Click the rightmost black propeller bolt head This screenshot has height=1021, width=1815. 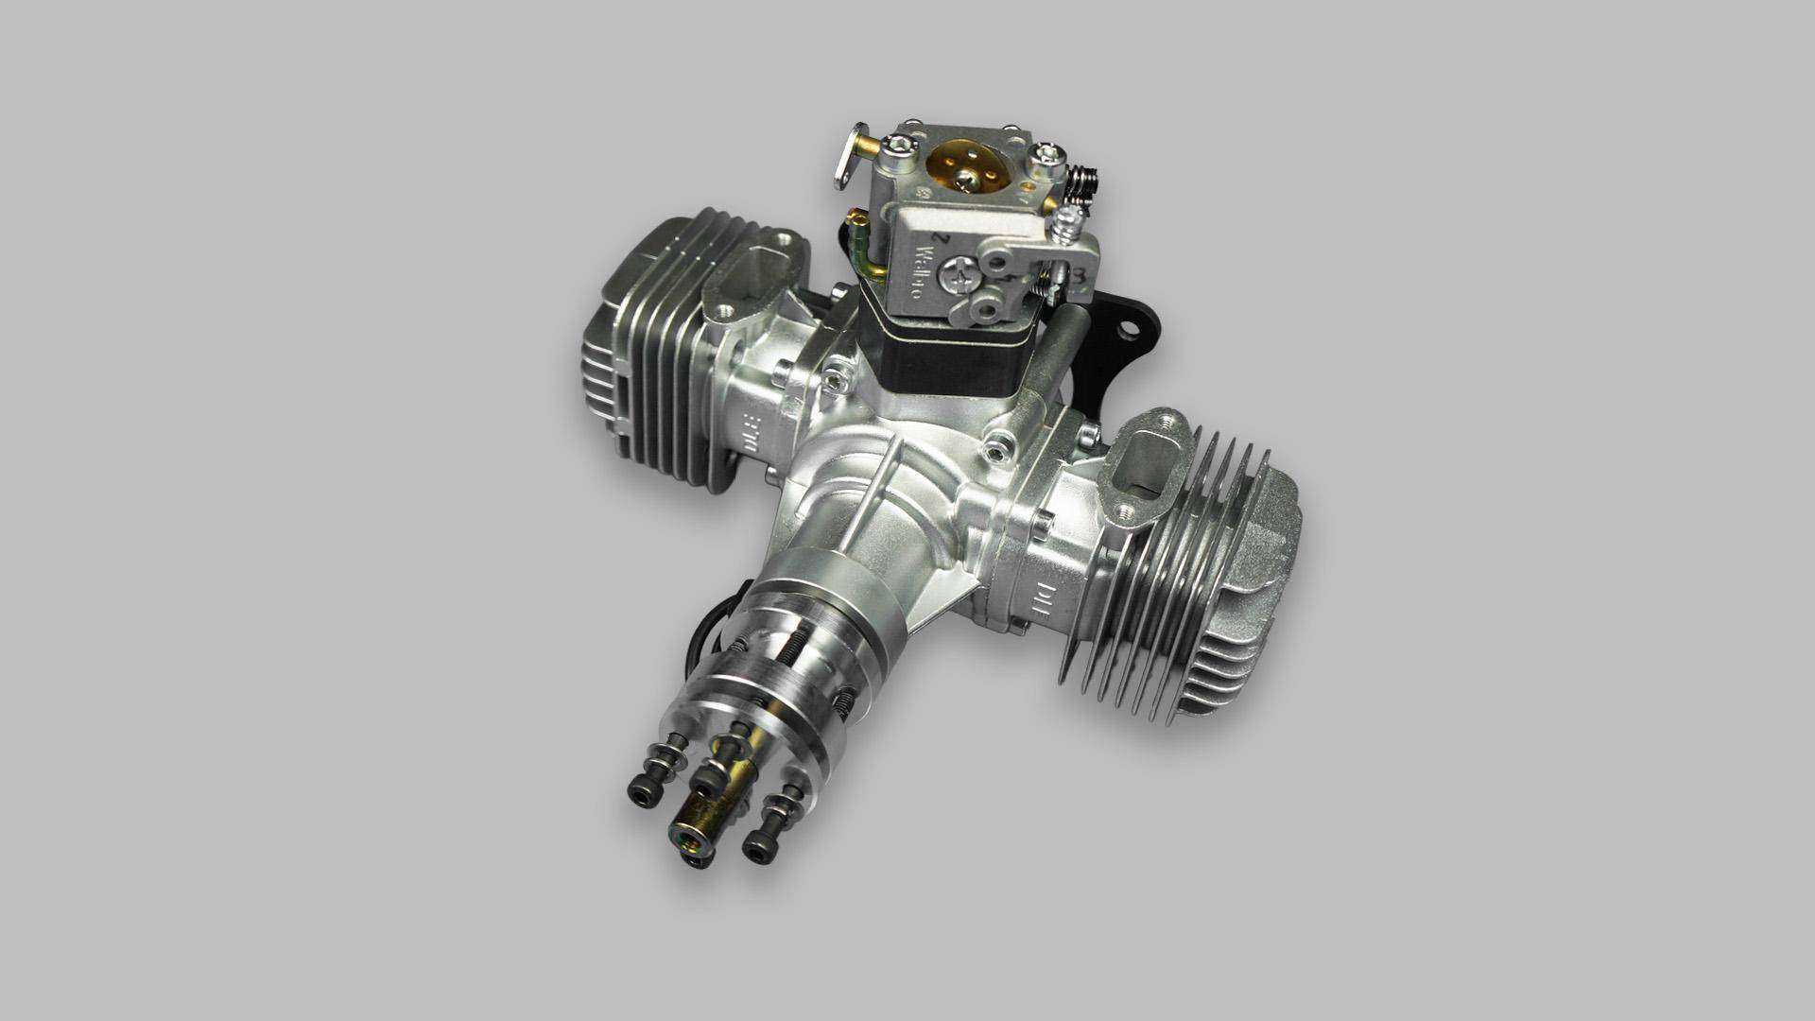[756, 847]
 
